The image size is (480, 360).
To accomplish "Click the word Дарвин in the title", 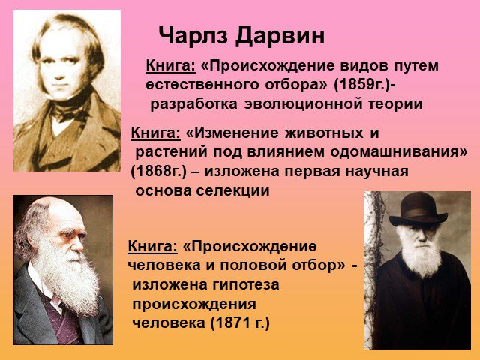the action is point(280,36).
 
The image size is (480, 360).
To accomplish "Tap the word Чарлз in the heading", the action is point(193,35).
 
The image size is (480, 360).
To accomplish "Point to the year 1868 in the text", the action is point(151,172).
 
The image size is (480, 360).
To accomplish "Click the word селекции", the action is point(233,191).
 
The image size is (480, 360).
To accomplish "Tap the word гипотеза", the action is point(241,285).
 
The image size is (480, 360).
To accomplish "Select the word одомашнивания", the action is point(396,152).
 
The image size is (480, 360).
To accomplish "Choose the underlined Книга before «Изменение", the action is point(155,133).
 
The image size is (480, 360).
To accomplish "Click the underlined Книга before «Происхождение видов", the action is point(170,66).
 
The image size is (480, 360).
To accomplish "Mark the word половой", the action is point(253,265).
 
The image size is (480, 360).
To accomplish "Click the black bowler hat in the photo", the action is point(418,210).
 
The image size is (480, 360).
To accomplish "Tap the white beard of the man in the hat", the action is point(421,256).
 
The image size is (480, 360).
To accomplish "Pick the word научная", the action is point(376,172).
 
